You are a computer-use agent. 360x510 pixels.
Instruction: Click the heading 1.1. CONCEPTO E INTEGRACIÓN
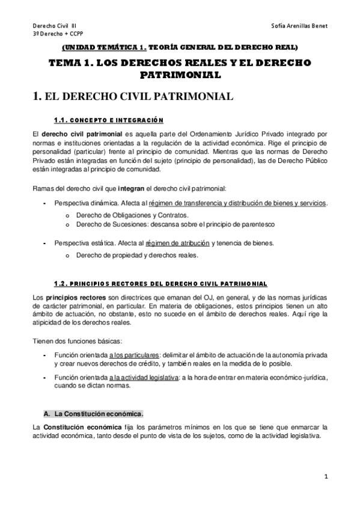point(108,118)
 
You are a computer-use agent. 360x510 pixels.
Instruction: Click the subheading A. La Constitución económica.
point(94,414)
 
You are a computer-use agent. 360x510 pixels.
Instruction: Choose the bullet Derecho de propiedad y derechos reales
point(136,255)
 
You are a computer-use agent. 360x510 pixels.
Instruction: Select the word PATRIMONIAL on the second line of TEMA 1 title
point(180,75)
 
